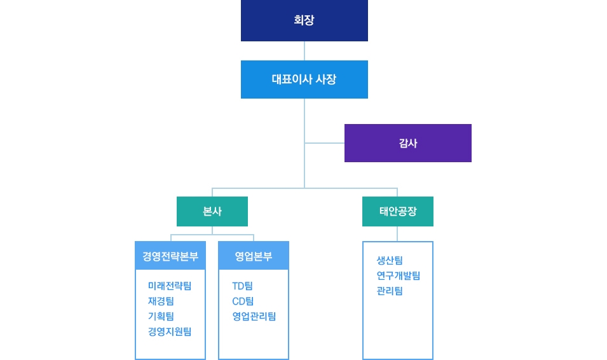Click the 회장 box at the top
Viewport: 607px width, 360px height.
point(304,20)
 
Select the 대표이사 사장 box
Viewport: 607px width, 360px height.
point(304,80)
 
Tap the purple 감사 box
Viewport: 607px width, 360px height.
point(408,143)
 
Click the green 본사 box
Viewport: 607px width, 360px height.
point(212,211)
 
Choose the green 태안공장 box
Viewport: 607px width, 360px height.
point(398,211)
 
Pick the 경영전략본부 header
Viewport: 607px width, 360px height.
point(170,256)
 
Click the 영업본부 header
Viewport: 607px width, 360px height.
point(254,256)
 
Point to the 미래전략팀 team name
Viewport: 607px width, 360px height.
point(170,286)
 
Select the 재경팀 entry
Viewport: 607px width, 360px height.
point(161,301)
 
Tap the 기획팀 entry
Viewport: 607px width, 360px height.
point(161,316)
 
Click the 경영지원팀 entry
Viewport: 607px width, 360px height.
point(170,331)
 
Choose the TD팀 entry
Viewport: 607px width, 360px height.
point(242,286)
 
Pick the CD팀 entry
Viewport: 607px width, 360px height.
point(243,301)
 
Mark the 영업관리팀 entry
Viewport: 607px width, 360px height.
point(254,316)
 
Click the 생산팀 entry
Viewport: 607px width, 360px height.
point(390,260)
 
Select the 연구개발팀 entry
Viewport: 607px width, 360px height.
point(399,275)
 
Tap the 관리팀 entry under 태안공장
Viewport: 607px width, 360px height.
point(390,291)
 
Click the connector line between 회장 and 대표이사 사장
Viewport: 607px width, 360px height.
point(304,51)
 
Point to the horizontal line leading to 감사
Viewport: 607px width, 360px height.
point(324,143)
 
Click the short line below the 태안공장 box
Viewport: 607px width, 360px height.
point(397,233)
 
